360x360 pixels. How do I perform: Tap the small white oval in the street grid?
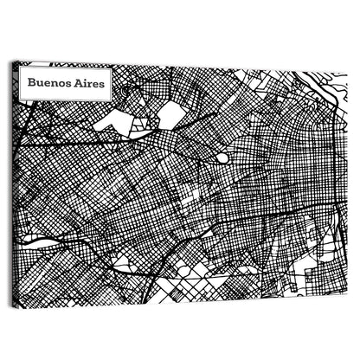pyautogui.click(x=222, y=158)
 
